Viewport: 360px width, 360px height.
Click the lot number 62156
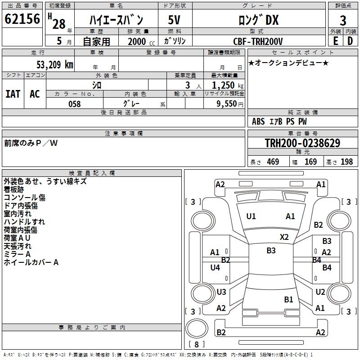[22, 19]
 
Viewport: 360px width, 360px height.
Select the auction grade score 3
[343, 21]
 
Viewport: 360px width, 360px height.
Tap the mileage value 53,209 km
[55, 65]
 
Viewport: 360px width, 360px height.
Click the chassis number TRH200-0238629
[302, 143]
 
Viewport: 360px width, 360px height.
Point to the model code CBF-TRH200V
[258, 41]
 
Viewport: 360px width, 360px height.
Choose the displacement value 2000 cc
[141, 41]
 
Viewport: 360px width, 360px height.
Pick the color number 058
[75, 104]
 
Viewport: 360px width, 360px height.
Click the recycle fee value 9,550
[226, 104]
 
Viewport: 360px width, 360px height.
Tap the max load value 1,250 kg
[228, 85]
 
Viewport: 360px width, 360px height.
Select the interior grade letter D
[350, 41]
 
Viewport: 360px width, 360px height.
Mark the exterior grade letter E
[335, 41]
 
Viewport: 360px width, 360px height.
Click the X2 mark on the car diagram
[284, 237]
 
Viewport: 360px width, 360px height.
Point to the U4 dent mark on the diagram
[215, 267]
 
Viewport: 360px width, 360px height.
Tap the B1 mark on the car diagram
[288, 299]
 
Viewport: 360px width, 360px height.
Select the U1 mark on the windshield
[251, 216]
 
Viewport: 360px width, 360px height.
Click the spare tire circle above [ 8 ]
[197, 328]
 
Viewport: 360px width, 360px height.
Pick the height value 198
[346, 162]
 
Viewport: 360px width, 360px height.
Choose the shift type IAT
[13, 94]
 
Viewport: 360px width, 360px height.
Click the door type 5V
[174, 20]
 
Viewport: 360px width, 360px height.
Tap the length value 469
[273, 162]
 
